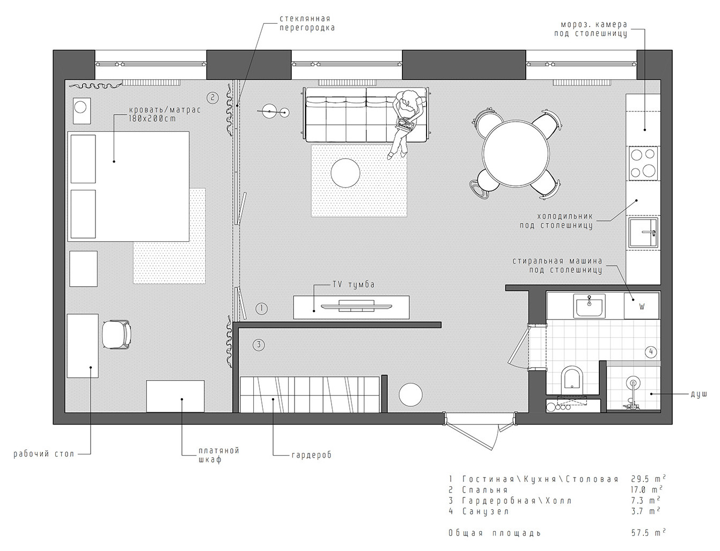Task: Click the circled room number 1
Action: click(x=261, y=308)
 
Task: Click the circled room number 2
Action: click(x=212, y=98)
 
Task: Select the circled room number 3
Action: click(x=259, y=345)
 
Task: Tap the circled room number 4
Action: click(x=650, y=352)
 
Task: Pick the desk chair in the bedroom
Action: click(x=116, y=334)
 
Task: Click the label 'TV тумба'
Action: click(x=351, y=285)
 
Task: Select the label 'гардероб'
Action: click(x=311, y=455)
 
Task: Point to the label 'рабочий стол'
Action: click(x=44, y=455)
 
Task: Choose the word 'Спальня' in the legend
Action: click(x=484, y=489)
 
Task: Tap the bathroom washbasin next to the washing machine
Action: click(x=589, y=307)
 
